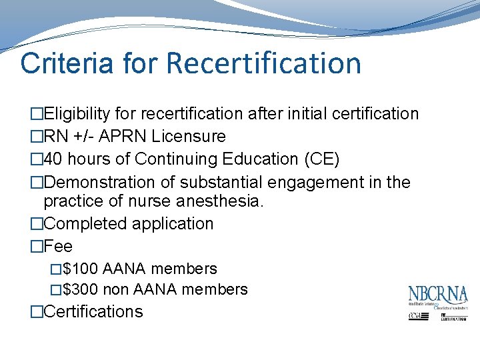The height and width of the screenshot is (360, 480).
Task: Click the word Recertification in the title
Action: (263, 63)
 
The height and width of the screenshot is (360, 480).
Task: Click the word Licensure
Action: (189, 137)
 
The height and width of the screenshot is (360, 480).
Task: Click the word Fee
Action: (58, 247)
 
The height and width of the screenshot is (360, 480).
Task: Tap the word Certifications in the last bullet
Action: (93, 311)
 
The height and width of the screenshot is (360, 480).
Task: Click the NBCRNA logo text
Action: (438, 295)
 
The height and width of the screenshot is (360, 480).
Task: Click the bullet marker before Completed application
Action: (36, 224)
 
